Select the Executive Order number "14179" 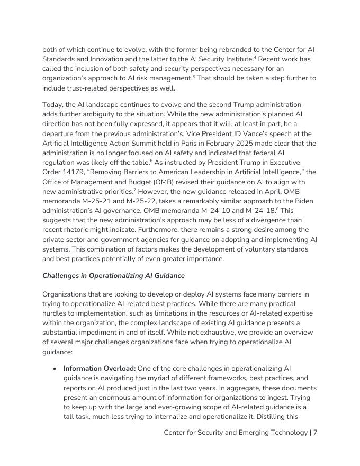67,172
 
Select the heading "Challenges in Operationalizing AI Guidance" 113,276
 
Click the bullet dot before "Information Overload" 55,368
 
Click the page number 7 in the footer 315,433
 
